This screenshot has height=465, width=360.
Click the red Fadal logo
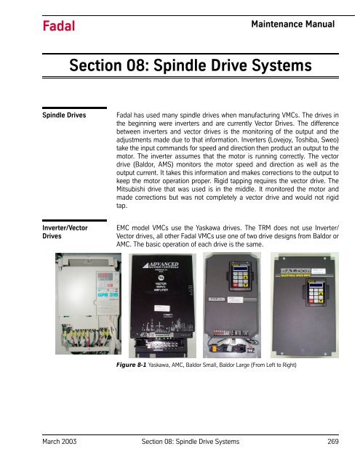[38, 27]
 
